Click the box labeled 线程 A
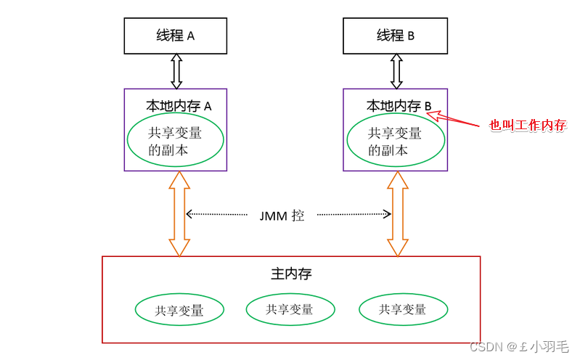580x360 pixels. pyautogui.click(x=176, y=36)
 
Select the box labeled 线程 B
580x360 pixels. pyautogui.click(x=396, y=36)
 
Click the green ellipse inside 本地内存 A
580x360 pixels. pyautogui.click(x=175, y=141)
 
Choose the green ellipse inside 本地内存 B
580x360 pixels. pyautogui.click(x=395, y=142)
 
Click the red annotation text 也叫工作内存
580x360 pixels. pyautogui.click(x=527, y=126)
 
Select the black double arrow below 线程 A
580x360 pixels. pyautogui.click(x=176, y=71)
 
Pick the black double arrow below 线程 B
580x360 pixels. pyautogui.click(x=396, y=71)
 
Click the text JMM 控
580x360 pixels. pyautogui.click(x=282, y=216)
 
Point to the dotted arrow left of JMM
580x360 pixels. pyautogui.click(x=216, y=214)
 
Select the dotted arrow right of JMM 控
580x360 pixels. pyautogui.click(x=354, y=214)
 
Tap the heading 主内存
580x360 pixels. pyautogui.click(x=291, y=274)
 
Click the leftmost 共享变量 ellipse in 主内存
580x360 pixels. pyautogui.click(x=179, y=311)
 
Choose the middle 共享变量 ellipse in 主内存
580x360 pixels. pyautogui.click(x=290, y=310)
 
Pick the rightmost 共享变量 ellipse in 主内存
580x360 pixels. pyautogui.click(x=403, y=310)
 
